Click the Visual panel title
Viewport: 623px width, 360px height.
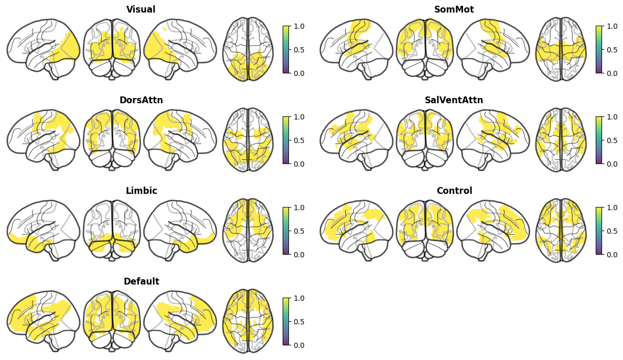(141, 9)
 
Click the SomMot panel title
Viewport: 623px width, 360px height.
(454, 9)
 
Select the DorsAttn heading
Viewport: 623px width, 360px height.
(141, 100)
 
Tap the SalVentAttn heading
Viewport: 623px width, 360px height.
(454, 100)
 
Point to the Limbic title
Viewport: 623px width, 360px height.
(141, 191)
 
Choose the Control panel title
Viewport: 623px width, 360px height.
(454, 191)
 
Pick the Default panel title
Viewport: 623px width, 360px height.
(141, 281)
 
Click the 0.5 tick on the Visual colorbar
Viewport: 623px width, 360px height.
(299, 50)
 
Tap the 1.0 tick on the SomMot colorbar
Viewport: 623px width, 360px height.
(612, 26)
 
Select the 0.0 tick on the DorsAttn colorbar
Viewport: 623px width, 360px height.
(299, 164)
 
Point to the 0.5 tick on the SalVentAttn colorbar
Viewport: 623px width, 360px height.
(612, 140)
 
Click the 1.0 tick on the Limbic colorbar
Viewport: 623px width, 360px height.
(299, 208)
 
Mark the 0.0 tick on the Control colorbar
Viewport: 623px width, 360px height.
(612, 255)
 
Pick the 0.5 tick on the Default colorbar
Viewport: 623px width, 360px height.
(299, 322)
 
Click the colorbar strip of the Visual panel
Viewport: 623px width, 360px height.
(286, 50)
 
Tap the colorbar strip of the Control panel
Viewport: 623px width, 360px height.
(599, 231)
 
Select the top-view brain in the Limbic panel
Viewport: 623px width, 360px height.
(248, 230)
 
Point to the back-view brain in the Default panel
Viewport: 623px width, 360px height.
(112, 321)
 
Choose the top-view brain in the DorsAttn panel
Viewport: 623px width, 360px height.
(248, 140)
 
